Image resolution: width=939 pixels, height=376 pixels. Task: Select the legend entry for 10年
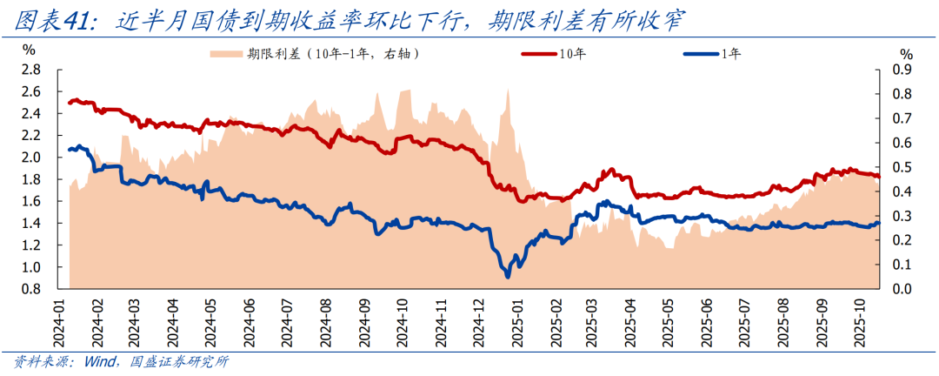(570, 54)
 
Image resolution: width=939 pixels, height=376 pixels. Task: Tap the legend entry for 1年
(731, 54)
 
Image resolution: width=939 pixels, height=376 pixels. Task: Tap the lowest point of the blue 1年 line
(508, 277)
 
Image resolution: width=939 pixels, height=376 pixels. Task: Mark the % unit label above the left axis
(28, 50)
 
